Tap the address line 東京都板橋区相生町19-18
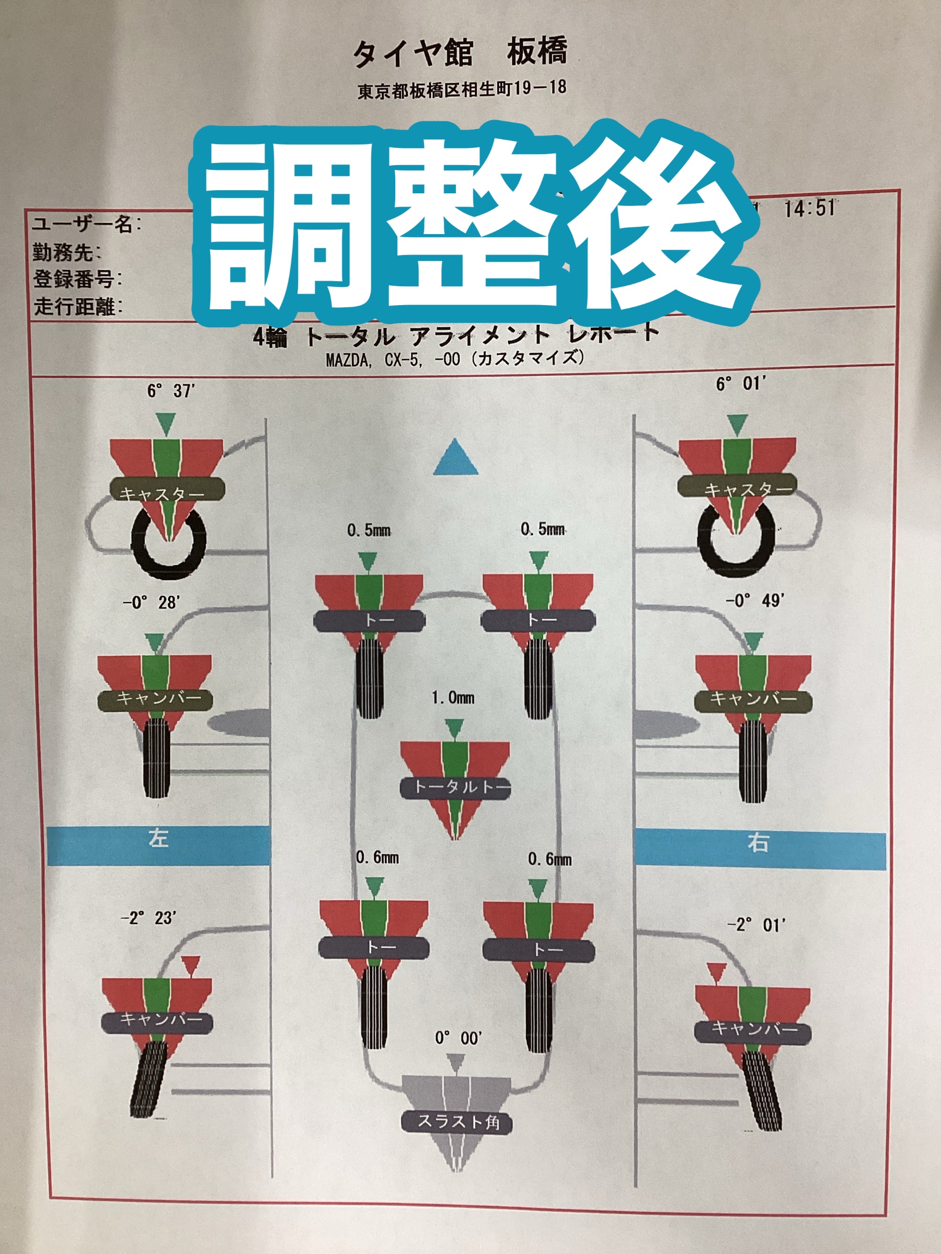[462, 89]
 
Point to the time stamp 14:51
[809, 208]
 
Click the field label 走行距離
[78, 307]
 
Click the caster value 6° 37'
[171, 391]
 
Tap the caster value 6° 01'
[741, 385]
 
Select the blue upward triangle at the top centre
[455, 458]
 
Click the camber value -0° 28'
[151, 602]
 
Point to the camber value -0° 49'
[755, 600]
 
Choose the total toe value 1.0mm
[453, 698]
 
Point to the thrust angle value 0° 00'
[458, 1038]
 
